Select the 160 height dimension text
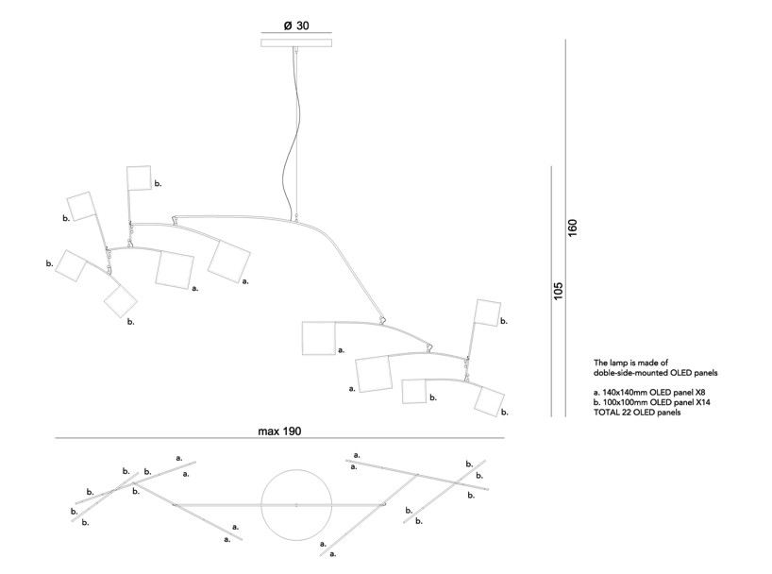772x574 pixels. pos(572,229)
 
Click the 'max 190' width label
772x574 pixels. pos(279,430)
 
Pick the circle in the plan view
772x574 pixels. pos(296,505)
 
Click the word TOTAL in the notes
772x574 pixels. pos(607,413)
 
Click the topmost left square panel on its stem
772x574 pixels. pos(139,177)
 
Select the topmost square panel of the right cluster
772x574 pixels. pos(487,312)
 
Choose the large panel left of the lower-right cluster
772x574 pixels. pos(318,338)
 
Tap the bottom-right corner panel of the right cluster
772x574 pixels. pos(490,401)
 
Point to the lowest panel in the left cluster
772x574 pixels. pos(121,300)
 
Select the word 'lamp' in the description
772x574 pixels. pos(618,362)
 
